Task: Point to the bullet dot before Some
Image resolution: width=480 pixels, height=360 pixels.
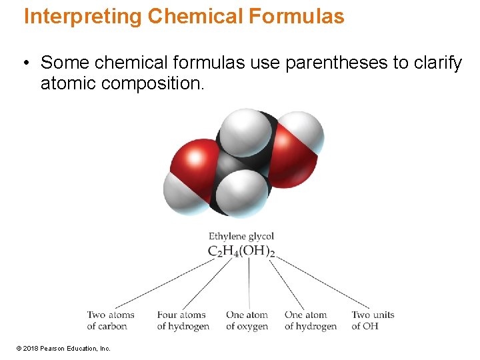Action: tap(24, 64)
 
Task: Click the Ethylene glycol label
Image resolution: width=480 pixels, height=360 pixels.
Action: tap(241, 236)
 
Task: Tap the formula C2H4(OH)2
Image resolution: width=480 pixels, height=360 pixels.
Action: tap(241, 251)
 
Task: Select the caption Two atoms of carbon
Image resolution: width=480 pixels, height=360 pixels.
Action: tap(110, 320)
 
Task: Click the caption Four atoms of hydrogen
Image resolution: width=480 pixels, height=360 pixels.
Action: tap(183, 320)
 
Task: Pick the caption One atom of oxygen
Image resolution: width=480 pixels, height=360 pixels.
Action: tap(247, 320)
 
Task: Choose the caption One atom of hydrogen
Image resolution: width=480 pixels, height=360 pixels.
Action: tap(310, 320)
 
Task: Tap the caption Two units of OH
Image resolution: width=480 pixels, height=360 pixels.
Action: tap(373, 320)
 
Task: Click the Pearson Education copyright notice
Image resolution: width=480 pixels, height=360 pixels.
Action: tap(63, 348)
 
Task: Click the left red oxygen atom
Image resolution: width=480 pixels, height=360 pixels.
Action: tap(193, 160)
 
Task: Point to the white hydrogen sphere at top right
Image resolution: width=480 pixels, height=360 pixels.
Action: tap(303, 130)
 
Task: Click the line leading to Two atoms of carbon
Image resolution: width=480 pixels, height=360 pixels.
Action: tap(167, 283)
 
